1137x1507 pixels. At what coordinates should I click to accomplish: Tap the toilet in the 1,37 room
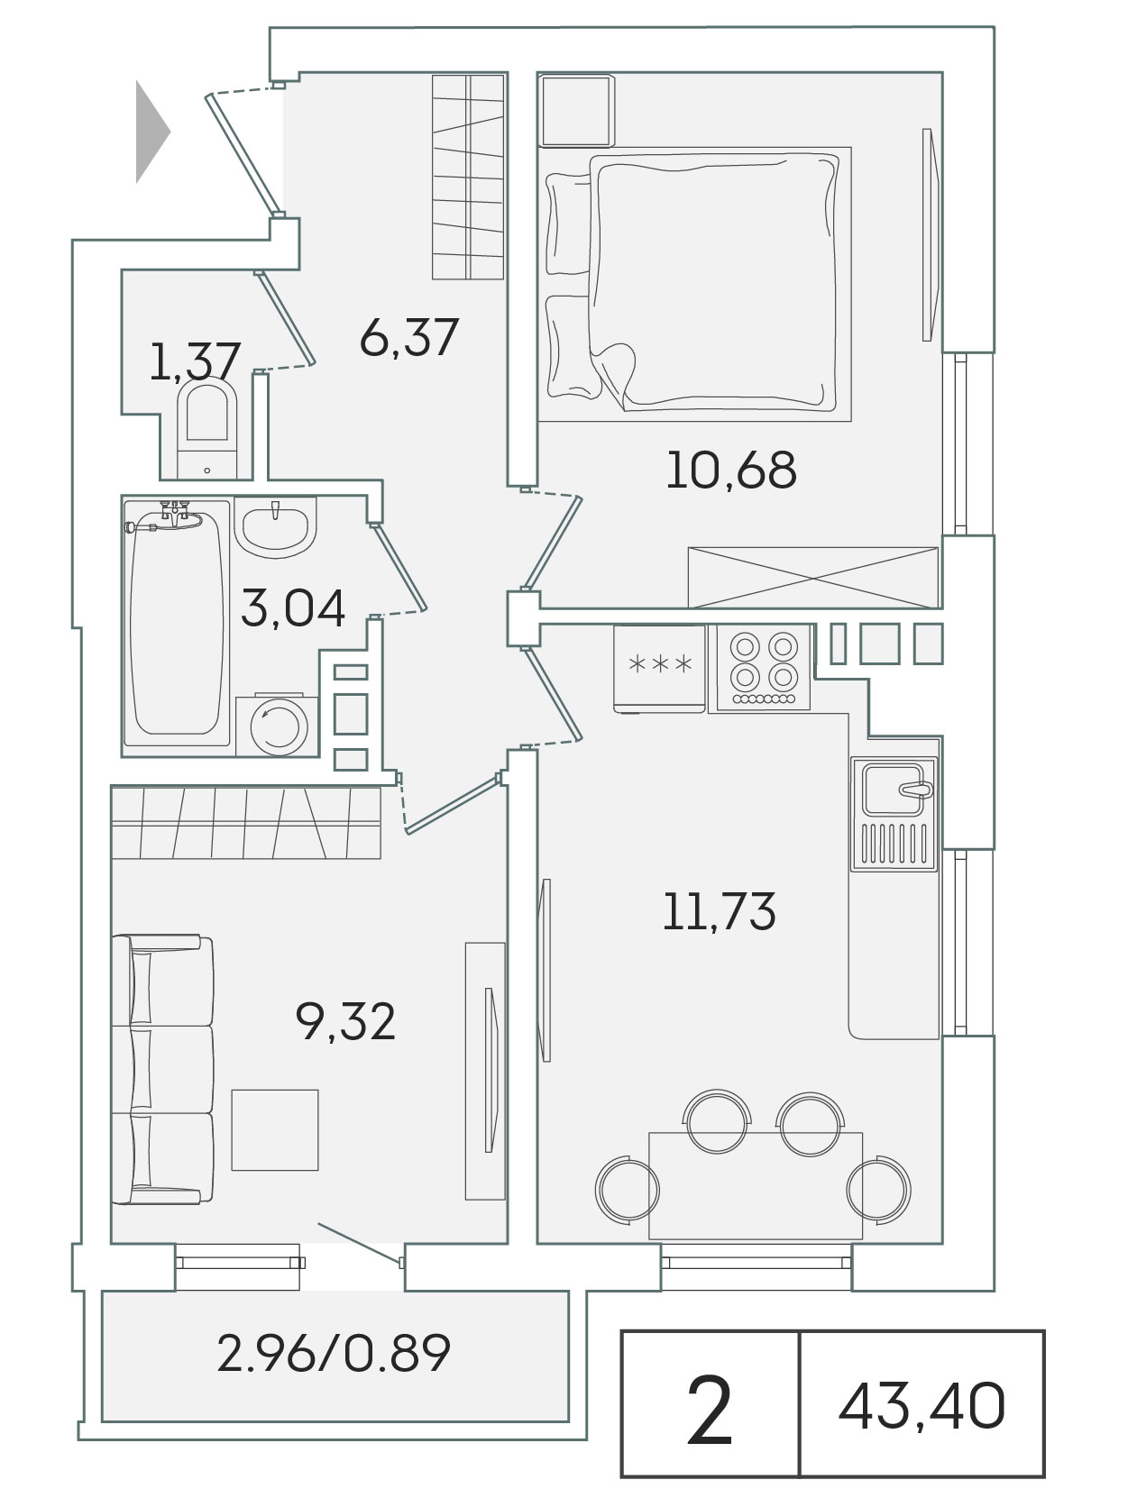pos(206,430)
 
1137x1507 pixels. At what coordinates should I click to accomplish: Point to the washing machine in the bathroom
pos(278,725)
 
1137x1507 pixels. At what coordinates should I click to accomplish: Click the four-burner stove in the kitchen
pos(764,667)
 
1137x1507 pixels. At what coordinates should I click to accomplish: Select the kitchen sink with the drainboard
pos(894,814)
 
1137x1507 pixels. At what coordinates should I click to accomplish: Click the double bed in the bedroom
pos(694,284)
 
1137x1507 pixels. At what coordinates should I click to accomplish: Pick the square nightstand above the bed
pos(576,111)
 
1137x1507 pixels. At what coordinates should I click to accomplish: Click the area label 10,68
pos(731,470)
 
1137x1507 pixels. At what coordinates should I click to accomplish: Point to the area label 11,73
pos(719,912)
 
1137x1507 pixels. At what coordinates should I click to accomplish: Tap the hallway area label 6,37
pos(409,337)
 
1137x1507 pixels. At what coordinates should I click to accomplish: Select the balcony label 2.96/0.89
pos(334,1353)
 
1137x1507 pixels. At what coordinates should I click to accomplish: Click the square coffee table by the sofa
pos(275,1129)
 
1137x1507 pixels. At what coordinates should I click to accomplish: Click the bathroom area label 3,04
pos(292,608)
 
